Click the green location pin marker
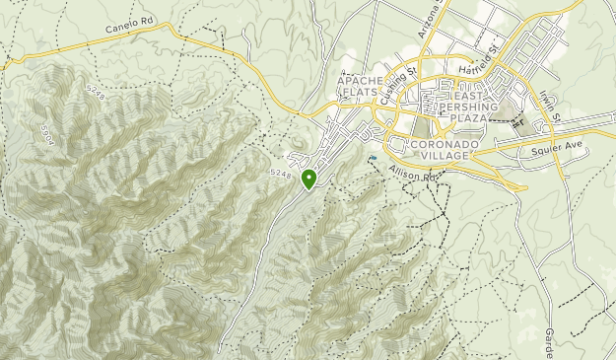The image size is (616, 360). [x=309, y=179]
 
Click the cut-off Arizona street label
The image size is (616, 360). [x=427, y=20]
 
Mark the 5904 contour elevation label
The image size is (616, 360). [x=47, y=130]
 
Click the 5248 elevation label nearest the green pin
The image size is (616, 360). [x=279, y=174]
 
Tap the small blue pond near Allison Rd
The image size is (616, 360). [x=374, y=156]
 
